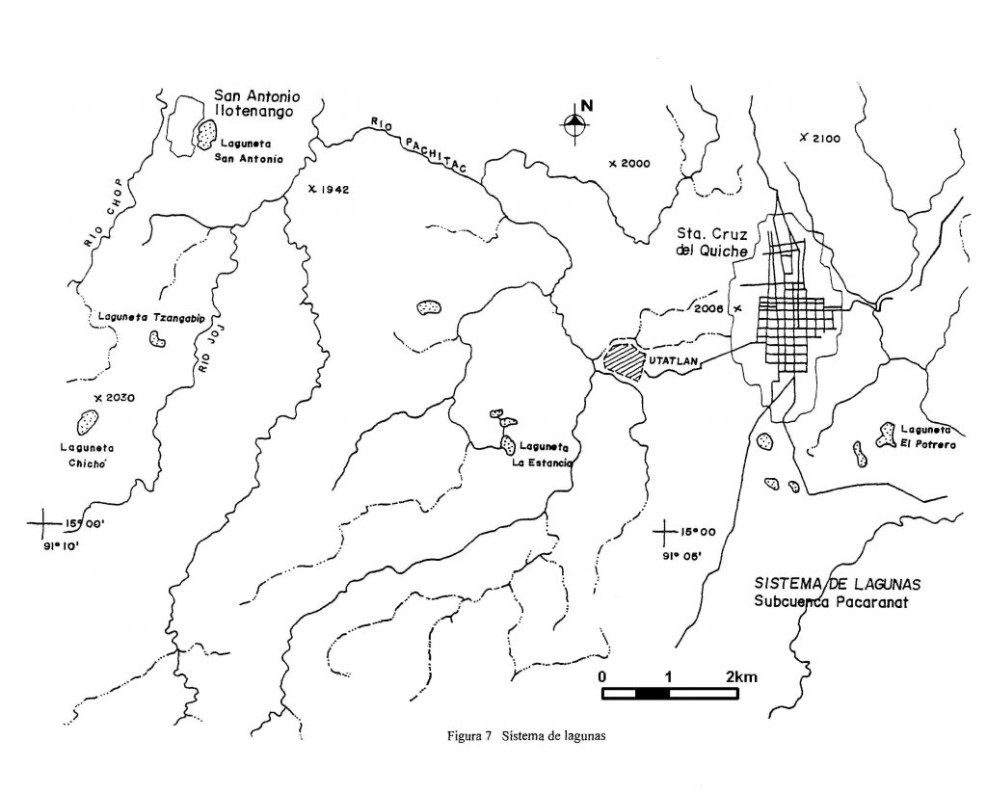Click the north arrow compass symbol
point(575,123)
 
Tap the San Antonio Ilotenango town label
point(256,104)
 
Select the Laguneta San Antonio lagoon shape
point(205,135)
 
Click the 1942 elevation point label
point(329,189)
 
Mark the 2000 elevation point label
point(629,164)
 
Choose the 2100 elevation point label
point(819,139)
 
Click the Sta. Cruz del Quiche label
point(712,242)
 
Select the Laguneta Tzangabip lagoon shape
point(157,338)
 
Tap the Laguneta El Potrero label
point(928,436)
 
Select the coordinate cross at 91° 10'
point(43,523)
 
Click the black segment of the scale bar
point(653,694)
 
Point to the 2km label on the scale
point(741,677)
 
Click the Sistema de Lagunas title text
point(838,583)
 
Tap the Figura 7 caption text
point(526,735)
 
